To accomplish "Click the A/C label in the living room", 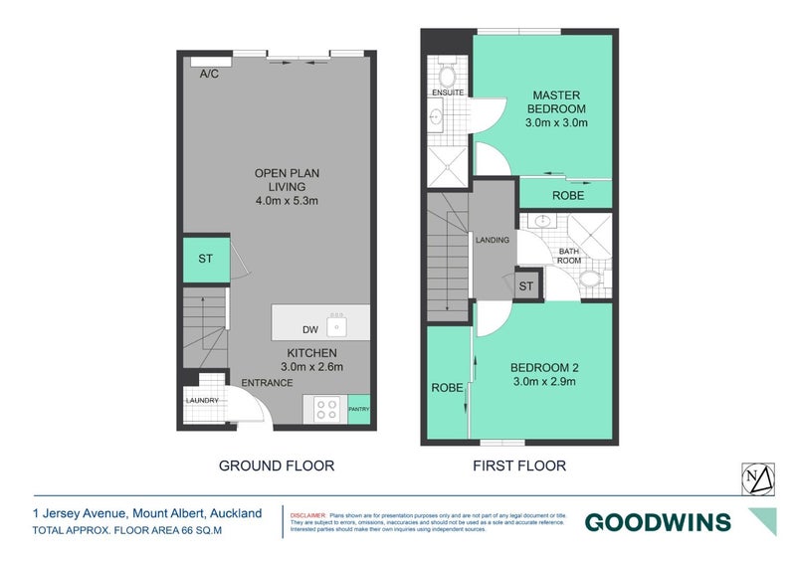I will pos(209,75).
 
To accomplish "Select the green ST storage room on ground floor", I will pos(205,259).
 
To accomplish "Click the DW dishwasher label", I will pos(309,329).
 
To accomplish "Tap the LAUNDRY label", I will pos(201,401).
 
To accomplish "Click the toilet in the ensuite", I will pos(446,75).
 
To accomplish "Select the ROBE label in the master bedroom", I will pos(568,196).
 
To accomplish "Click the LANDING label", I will pos(494,240).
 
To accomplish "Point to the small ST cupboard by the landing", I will pos(525,286).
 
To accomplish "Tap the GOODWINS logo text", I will pos(657,522).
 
